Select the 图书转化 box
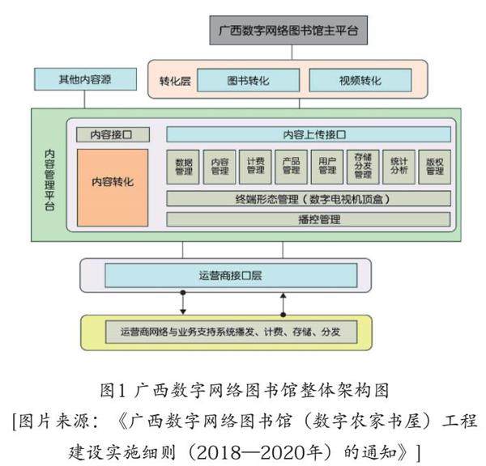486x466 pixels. coord(249,81)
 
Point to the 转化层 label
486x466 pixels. coord(173,81)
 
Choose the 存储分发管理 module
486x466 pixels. coord(363,166)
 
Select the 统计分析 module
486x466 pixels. coord(399,166)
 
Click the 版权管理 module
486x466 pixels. coord(435,166)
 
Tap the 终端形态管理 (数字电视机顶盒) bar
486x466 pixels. coord(309,198)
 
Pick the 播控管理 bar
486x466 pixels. coord(309,218)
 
